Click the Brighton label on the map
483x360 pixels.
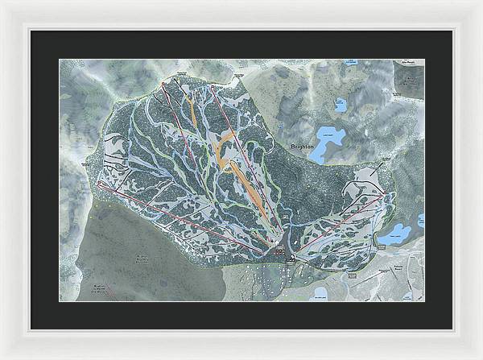click(x=303, y=147)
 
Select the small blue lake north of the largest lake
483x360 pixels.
click(x=340, y=104)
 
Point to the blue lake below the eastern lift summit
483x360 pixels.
click(x=394, y=234)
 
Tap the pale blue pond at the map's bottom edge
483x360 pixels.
click(x=320, y=293)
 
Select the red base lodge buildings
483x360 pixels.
click(x=278, y=252)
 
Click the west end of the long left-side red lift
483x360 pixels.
click(x=99, y=184)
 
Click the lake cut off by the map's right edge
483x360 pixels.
click(x=420, y=221)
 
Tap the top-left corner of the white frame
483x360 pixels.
click(x=2, y=2)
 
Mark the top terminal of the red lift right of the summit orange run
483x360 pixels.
click(x=211, y=85)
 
